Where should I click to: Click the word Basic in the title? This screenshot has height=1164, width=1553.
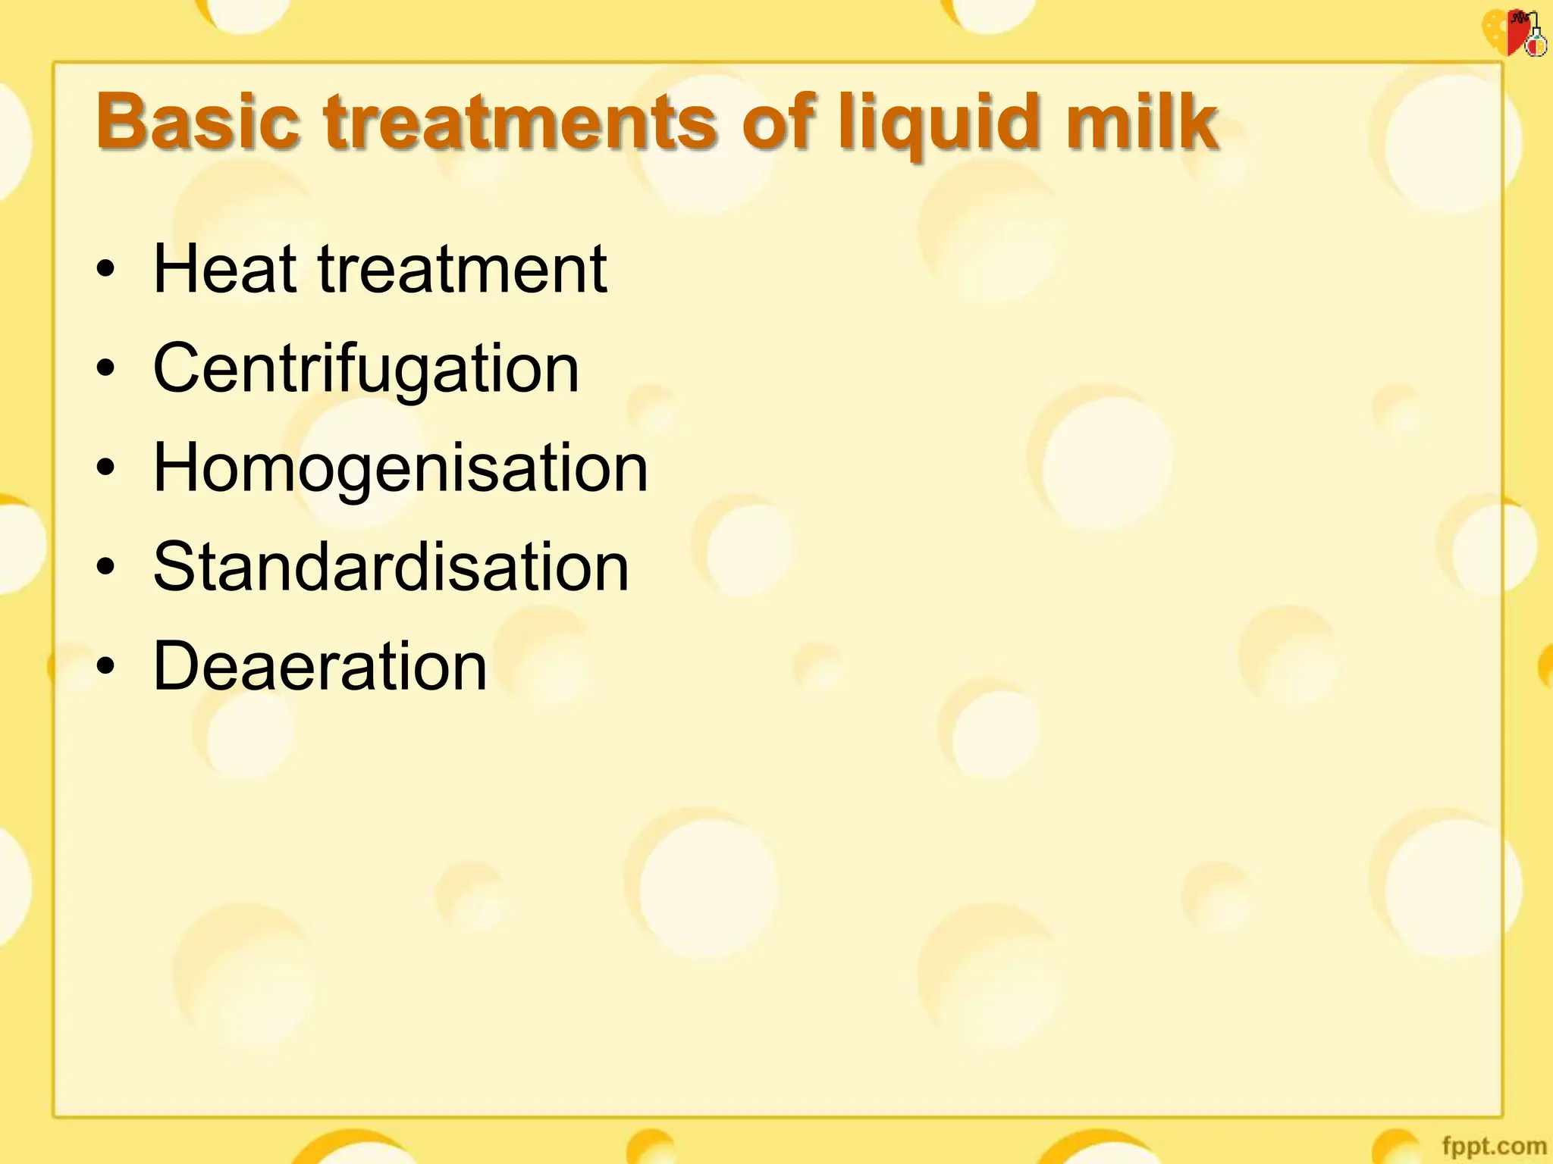pos(198,121)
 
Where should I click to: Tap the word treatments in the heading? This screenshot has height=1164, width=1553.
pos(520,121)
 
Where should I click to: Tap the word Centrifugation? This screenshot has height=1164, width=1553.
pos(366,369)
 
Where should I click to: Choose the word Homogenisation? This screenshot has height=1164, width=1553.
pos(400,468)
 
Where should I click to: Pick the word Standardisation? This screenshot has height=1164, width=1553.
pos(391,567)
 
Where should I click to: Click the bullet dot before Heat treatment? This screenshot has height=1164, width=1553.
pos(106,270)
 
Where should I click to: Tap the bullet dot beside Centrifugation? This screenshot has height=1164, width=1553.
pos(106,369)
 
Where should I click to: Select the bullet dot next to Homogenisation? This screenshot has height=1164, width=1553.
pos(106,468)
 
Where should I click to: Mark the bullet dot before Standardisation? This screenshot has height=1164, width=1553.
pos(106,567)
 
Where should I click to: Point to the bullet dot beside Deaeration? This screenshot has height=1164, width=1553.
pos(106,666)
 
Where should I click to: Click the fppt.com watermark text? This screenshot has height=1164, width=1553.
pos(1493,1146)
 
